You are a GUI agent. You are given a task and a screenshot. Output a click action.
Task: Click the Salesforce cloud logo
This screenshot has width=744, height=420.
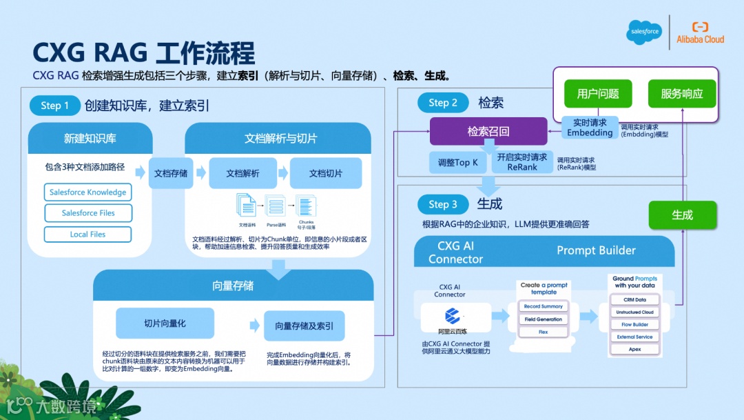tap(643, 32)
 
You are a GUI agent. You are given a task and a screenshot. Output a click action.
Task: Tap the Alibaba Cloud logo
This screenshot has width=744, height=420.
tap(700, 32)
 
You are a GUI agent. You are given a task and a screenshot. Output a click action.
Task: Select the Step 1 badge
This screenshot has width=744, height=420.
tap(54, 106)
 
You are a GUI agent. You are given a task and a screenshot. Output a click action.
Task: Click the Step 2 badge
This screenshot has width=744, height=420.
tap(443, 103)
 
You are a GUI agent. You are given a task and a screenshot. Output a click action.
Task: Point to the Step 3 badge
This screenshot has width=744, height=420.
tap(443, 204)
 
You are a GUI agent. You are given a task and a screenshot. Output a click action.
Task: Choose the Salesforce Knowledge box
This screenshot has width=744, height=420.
tap(87, 192)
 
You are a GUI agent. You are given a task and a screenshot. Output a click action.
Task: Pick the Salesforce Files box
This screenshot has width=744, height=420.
tap(87, 213)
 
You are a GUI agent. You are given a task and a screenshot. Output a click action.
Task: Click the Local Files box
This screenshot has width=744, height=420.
tap(87, 234)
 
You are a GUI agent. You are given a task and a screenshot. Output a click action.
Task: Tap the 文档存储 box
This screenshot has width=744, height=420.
tap(170, 173)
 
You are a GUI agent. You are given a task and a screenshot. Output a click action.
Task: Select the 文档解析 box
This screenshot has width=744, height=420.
tap(242, 173)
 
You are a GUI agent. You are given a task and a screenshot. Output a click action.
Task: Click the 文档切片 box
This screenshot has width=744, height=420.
tap(326, 173)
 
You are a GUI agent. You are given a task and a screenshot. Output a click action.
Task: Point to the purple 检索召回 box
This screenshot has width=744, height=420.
tap(488, 131)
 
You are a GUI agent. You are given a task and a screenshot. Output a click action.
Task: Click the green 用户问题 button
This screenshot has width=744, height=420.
tap(598, 94)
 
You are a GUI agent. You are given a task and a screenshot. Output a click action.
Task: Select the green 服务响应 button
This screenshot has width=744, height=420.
tap(682, 94)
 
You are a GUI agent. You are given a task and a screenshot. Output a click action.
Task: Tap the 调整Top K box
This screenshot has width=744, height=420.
tap(457, 163)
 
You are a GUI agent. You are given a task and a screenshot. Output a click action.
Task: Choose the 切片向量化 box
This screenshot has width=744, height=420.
tap(165, 323)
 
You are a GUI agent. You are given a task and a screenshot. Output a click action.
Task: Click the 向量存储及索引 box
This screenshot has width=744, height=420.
tap(304, 326)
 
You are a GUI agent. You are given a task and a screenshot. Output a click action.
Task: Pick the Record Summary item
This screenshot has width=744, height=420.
tap(543, 306)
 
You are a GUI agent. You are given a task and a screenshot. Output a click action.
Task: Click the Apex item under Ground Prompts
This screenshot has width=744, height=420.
tap(634, 349)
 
